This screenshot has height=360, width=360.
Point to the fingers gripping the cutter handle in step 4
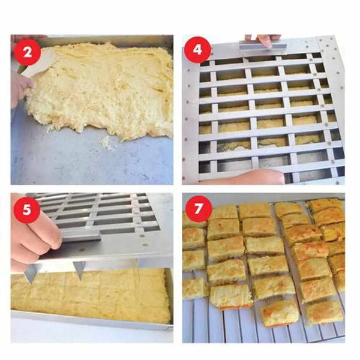tap(264, 39)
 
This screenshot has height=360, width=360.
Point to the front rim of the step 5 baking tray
tap(90, 321)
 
